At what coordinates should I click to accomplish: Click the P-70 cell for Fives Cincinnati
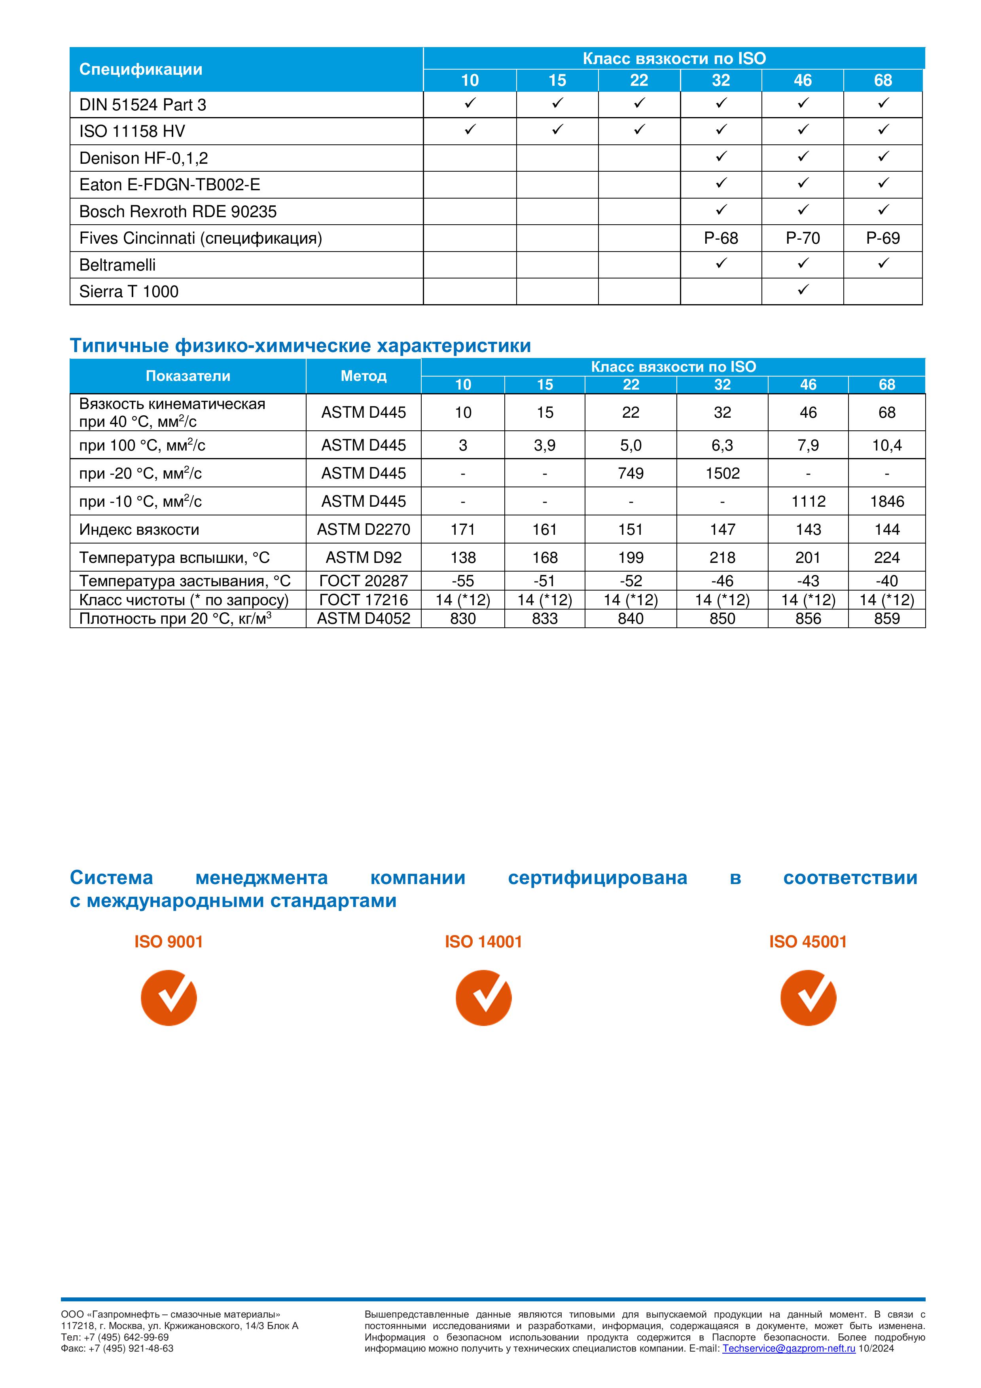pyautogui.click(x=802, y=238)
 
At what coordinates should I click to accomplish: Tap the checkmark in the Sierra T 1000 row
pyautogui.click(x=802, y=290)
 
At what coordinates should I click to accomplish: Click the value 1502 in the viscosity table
pyautogui.click(x=722, y=473)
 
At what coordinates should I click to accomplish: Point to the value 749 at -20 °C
pyautogui.click(x=631, y=473)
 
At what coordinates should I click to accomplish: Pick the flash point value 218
pyautogui.click(x=722, y=557)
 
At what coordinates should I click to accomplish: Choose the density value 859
pyautogui.click(x=887, y=618)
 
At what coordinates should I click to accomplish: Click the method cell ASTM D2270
pyautogui.click(x=363, y=530)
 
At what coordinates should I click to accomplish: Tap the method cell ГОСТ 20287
pyautogui.click(x=363, y=581)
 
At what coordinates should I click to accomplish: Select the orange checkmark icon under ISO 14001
pyautogui.click(x=483, y=998)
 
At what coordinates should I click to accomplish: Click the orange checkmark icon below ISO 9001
pyautogui.click(x=169, y=998)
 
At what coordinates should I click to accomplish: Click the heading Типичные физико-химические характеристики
pyautogui.click(x=300, y=346)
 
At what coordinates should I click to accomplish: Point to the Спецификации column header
pyautogui.click(x=141, y=70)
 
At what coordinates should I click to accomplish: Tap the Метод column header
pyautogui.click(x=363, y=376)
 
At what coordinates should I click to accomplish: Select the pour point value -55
pyautogui.click(x=462, y=581)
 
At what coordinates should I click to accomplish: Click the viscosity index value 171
pyautogui.click(x=462, y=530)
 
